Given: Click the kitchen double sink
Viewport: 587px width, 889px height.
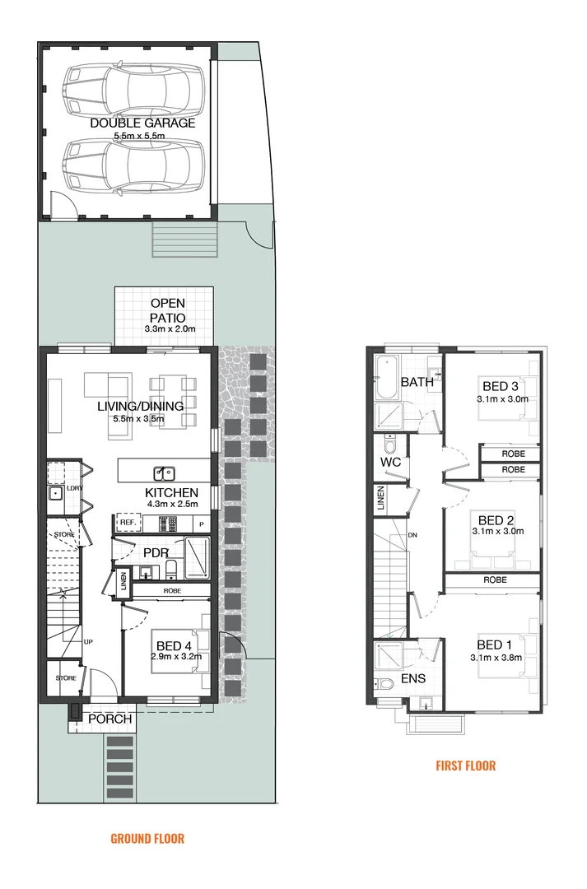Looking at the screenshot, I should (164, 472).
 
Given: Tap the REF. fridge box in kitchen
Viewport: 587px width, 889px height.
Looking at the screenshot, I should (127, 523).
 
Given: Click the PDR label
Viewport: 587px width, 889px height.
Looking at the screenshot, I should (156, 552).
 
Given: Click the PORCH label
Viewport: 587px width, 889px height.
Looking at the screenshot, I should (110, 719).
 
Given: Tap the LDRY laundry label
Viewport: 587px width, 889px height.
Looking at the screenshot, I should (75, 488).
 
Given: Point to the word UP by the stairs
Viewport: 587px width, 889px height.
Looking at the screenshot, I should (87, 640).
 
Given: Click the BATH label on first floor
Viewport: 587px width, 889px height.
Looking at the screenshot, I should (417, 382).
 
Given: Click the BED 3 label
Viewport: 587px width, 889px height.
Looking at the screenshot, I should (501, 386).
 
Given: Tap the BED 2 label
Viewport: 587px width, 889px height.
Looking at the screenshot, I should (496, 520).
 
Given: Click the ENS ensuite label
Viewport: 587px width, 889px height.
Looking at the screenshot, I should (413, 679).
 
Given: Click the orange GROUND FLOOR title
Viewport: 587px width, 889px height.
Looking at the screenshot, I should (147, 839).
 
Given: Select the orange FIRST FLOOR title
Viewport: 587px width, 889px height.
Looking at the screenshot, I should (465, 766).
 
